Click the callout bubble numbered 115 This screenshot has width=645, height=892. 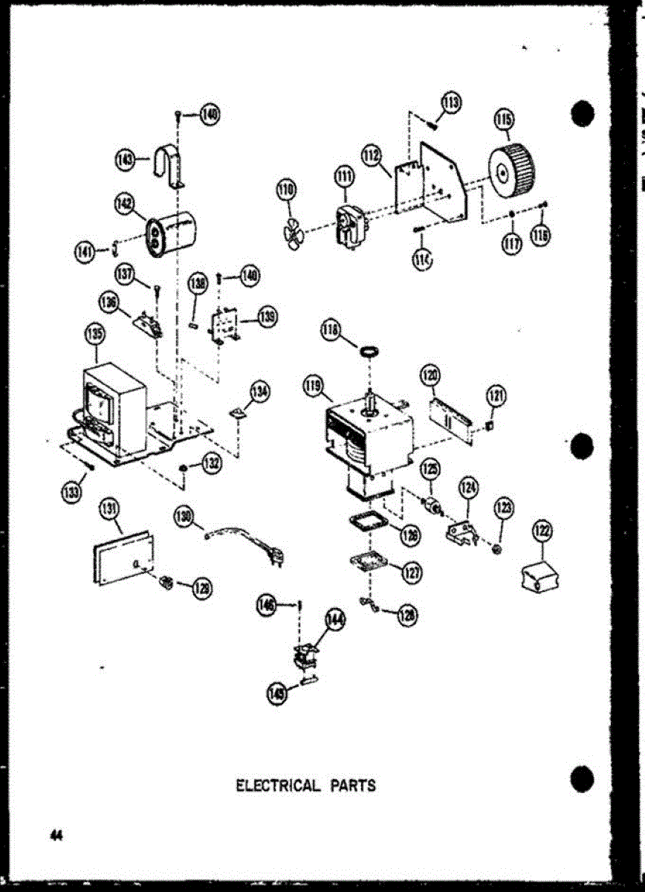[x=505, y=119]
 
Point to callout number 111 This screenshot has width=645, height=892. [x=344, y=176]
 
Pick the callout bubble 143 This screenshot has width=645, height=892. [x=126, y=158]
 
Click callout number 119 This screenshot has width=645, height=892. [x=313, y=385]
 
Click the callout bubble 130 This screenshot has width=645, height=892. [x=184, y=517]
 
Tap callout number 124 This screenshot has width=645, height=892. [x=468, y=488]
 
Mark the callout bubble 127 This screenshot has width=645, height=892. [x=412, y=573]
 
